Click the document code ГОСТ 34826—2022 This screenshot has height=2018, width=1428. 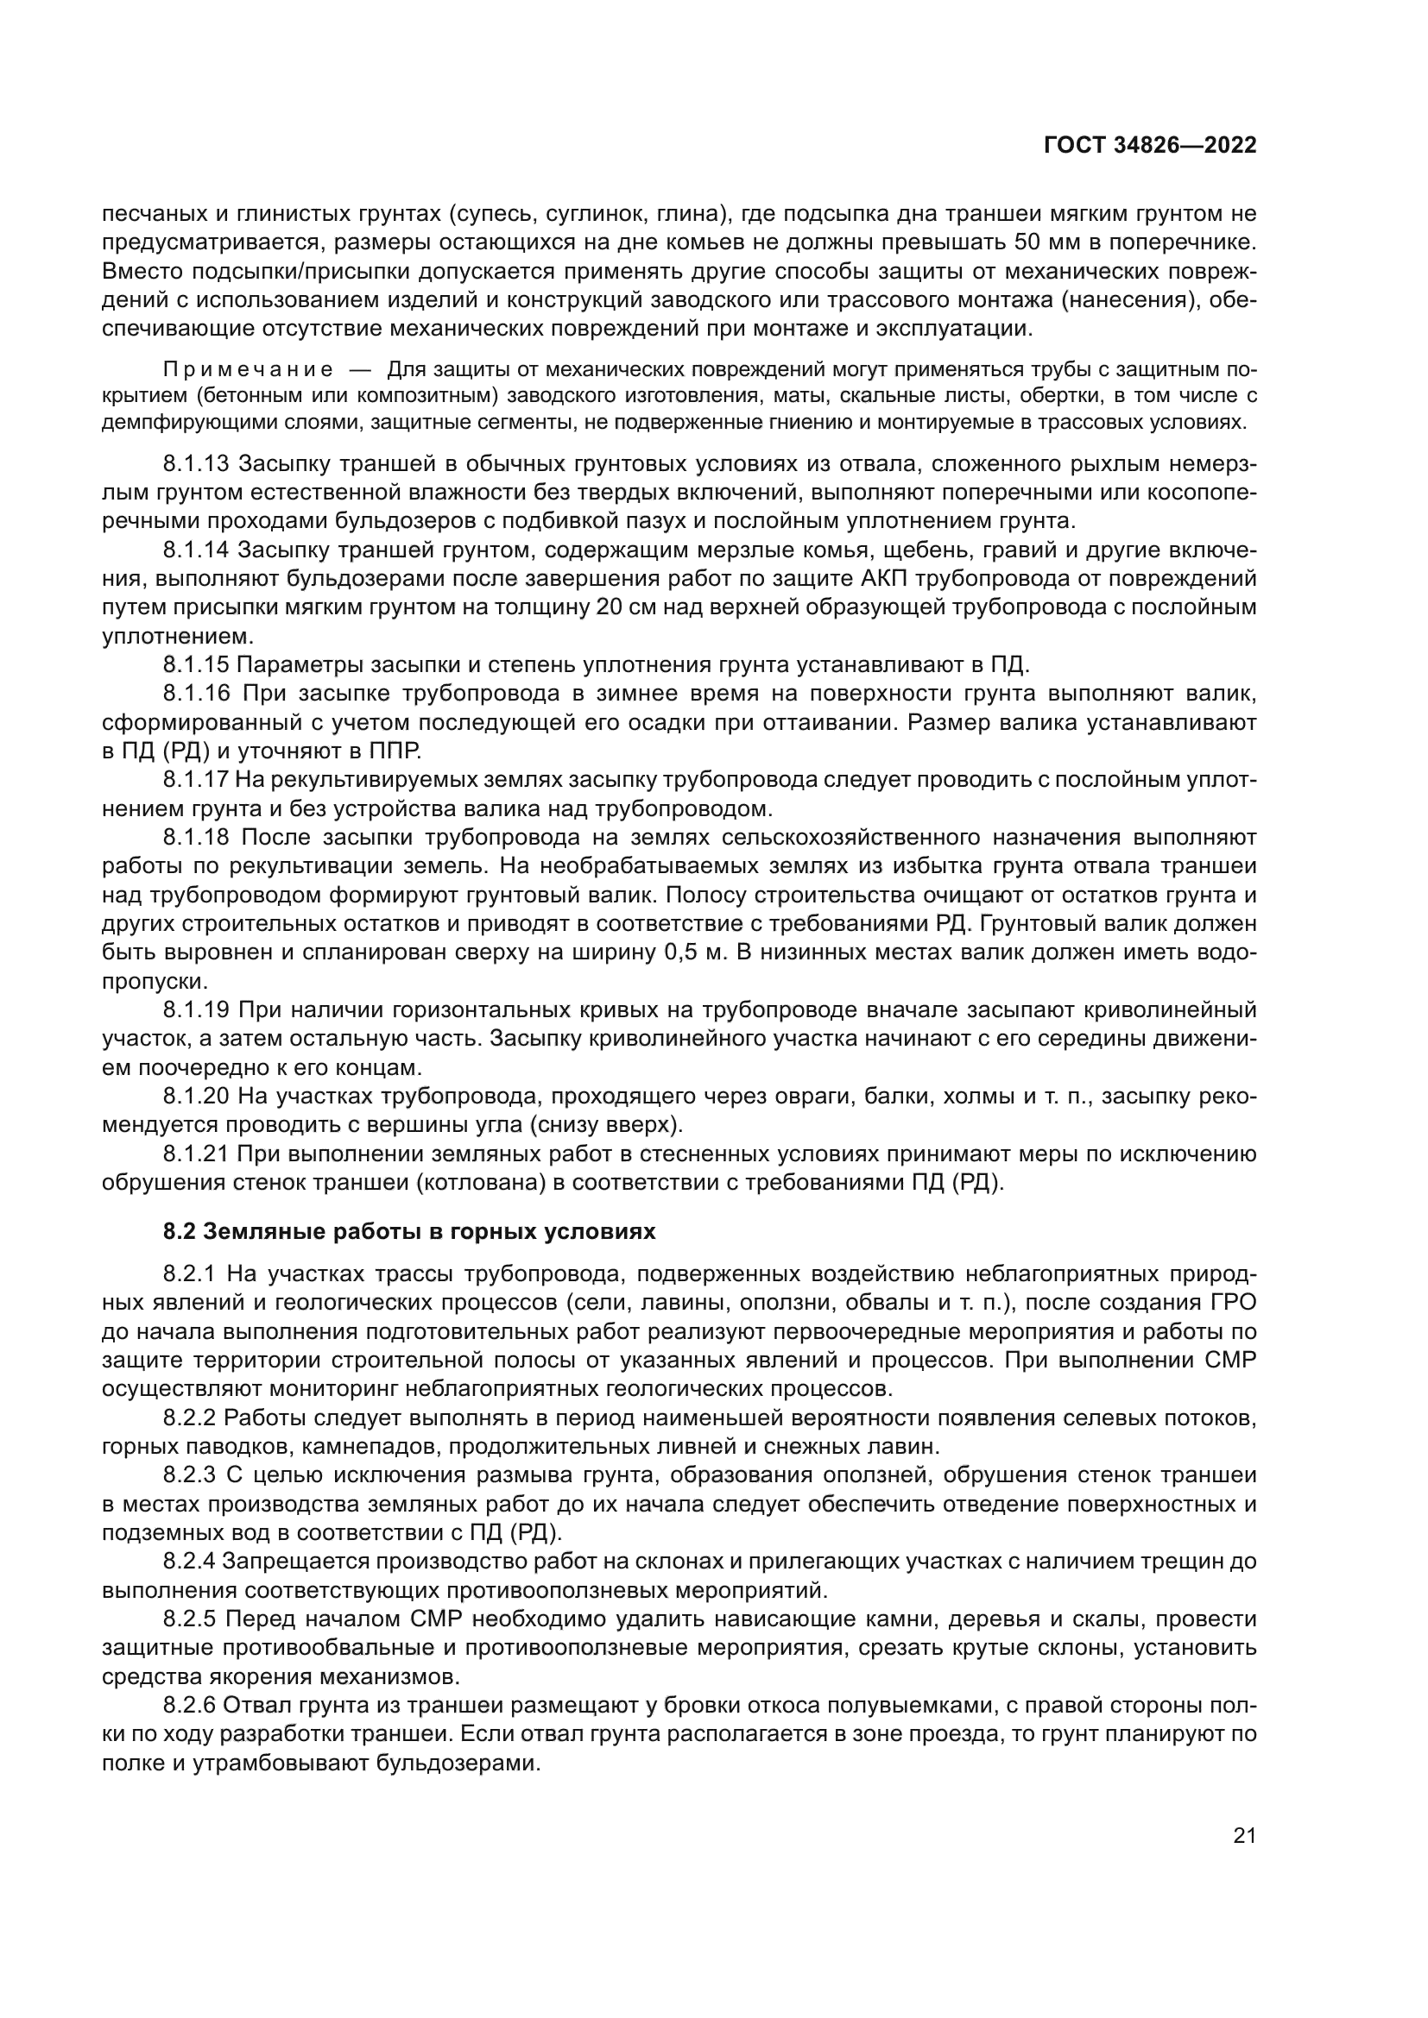tap(1149, 146)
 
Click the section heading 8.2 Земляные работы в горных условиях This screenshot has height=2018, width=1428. tap(409, 1231)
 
